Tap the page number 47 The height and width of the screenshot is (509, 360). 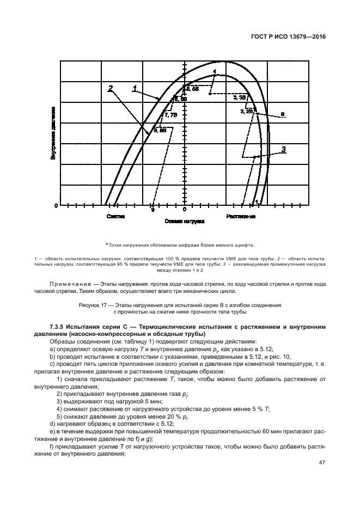[x=321, y=462]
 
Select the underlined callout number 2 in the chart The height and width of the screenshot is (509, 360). [x=111, y=89]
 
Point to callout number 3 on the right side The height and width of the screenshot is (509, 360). [x=283, y=149]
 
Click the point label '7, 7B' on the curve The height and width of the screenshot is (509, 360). [x=170, y=115]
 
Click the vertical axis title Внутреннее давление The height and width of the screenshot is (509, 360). [x=53, y=134]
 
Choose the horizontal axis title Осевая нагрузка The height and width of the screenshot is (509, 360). [x=184, y=222]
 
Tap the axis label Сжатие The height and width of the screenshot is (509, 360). [x=115, y=216]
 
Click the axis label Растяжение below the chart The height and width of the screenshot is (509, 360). [x=241, y=216]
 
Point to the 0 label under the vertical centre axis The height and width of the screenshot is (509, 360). [x=185, y=209]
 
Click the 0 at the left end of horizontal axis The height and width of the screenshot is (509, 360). [x=55, y=206]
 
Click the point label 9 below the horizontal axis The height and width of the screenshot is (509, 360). [x=152, y=209]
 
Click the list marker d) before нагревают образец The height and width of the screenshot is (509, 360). [x=51, y=422]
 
